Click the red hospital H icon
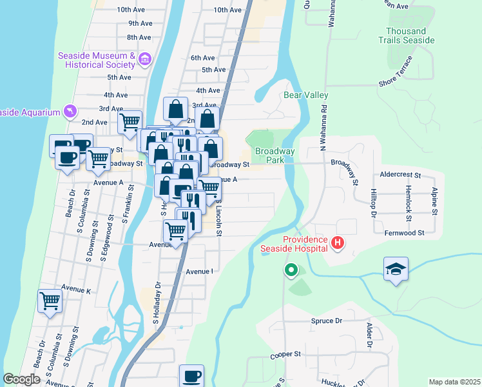[x=337, y=243]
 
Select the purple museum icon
[x=144, y=60]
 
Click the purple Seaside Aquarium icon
[x=70, y=112]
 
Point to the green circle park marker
[x=291, y=270]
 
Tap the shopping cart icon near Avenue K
[x=50, y=301]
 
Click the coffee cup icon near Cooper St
[x=191, y=376]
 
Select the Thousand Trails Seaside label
[x=410, y=35]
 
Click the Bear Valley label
[x=306, y=95]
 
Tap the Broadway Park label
[x=275, y=155]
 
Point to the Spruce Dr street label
[x=325, y=321]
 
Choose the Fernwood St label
[x=403, y=233]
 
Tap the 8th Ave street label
[x=139, y=37]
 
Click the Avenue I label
[x=199, y=272]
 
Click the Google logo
[x=21, y=379]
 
